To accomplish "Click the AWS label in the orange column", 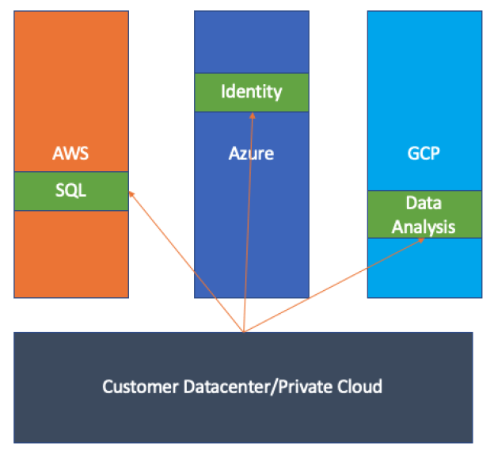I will (70, 153).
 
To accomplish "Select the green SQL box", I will (70, 191).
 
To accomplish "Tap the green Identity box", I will (251, 92).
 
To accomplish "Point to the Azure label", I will (251, 153).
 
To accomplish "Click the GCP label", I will (424, 153).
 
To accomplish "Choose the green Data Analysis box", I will (424, 214).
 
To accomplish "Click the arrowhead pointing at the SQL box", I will (131, 193).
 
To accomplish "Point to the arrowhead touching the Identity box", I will (253, 115).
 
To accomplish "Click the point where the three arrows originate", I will (244, 331).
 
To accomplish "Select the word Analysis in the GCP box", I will (424, 226).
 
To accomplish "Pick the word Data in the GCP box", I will (424, 203).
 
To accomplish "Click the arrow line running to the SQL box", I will (188, 262).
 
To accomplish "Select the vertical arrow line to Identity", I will (249, 222).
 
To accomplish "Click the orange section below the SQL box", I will (70, 254).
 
